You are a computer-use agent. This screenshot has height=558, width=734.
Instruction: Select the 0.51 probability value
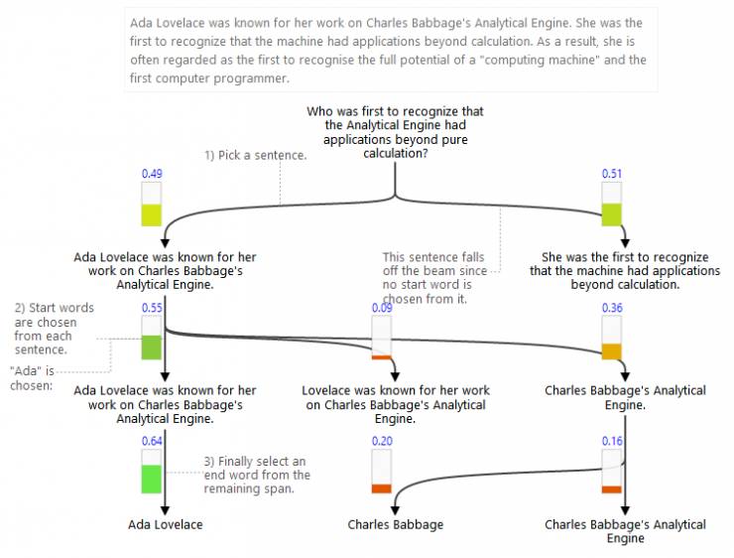tap(611, 174)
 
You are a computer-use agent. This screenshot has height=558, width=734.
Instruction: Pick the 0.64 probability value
tap(151, 441)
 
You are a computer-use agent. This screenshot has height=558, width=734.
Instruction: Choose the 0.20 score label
tap(381, 441)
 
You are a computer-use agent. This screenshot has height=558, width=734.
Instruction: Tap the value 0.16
tap(611, 441)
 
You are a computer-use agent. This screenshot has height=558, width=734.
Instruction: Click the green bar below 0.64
tap(151, 479)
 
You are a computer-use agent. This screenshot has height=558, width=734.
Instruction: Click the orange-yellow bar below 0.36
tap(611, 350)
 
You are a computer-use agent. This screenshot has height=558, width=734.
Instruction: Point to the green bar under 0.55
tap(151, 348)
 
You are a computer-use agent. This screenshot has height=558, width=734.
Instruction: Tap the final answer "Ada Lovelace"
tap(166, 524)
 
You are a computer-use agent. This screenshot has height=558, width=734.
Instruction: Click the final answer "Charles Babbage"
tap(395, 524)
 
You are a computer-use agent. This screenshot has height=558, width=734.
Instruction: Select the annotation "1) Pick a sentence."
tap(255, 156)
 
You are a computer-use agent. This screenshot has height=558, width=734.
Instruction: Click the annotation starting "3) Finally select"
tap(258, 475)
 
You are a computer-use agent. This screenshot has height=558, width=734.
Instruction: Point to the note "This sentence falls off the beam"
tap(433, 278)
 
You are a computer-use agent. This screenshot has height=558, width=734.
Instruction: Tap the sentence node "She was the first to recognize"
tap(625, 270)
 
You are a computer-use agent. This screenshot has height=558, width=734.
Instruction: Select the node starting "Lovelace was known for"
tap(395, 405)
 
